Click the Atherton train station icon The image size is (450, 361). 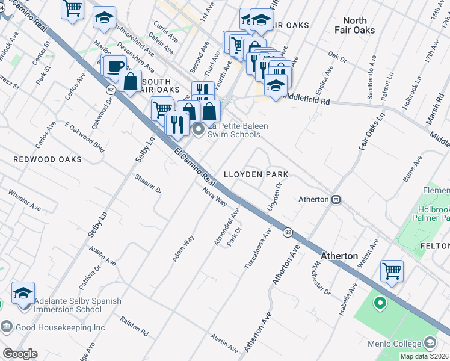pos(337,199)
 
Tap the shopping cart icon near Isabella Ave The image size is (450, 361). pos(392,271)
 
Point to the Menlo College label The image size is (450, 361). pos(394,344)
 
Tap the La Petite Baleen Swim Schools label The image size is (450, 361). pos(237,130)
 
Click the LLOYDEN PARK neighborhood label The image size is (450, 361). pos(256,174)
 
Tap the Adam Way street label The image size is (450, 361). pos(183,248)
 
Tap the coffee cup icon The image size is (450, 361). pos(114,66)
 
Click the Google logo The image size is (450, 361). pos(20,354)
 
